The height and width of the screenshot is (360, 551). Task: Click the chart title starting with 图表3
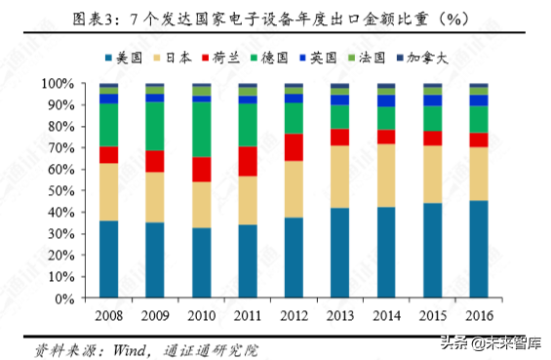(x=274, y=18)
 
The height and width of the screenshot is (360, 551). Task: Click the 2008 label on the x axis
(x=108, y=314)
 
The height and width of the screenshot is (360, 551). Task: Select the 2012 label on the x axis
(x=294, y=314)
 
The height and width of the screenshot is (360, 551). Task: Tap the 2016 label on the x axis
(x=479, y=314)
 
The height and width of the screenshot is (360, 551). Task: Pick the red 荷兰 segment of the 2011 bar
(x=248, y=161)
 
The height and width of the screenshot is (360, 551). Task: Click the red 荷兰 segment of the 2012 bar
(x=294, y=147)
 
